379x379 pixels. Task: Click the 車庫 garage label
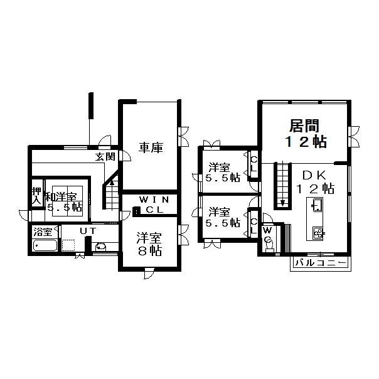tap(151, 147)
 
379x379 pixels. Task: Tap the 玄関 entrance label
tap(105, 157)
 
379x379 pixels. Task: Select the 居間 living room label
tap(304, 125)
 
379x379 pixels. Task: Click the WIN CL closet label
tap(154, 205)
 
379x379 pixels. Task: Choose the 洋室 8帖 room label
tap(149, 244)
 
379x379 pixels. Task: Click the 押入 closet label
tap(37, 196)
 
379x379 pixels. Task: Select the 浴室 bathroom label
tap(43, 232)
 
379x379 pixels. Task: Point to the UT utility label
tap(88, 232)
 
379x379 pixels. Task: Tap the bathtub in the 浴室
tap(45, 245)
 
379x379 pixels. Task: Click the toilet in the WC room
tap(269, 243)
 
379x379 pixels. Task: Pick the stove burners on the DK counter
tap(318, 233)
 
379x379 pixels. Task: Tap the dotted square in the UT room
tap(68, 245)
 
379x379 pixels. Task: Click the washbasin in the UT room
tap(101, 247)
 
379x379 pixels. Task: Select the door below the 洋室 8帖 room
tap(148, 273)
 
